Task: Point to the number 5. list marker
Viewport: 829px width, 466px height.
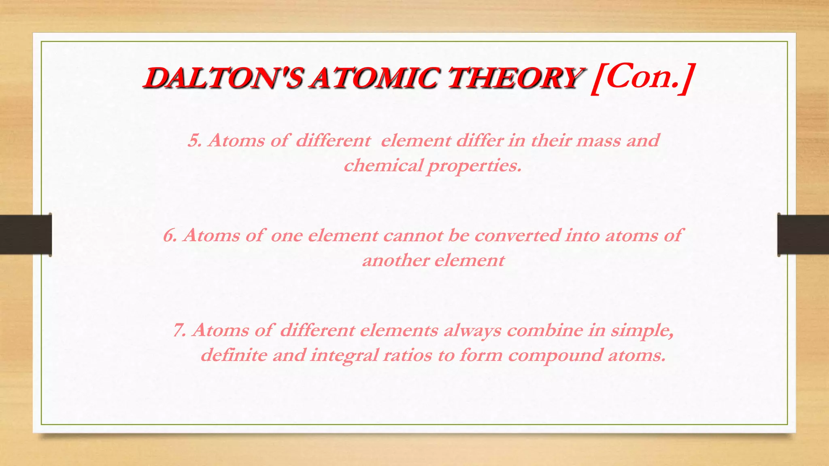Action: pyautogui.click(x=195, y=141)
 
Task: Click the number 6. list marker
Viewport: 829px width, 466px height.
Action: pyautogui.click(x=170, y=235)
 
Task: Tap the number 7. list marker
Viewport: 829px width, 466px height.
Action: pyautogui.click(x=180, y=330)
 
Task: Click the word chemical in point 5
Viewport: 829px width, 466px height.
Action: pyautogui.click(x=383, y=165)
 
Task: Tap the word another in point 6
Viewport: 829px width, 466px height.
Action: pyautogui.click(x=395, y=260)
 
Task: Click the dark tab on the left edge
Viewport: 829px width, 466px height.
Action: pyautogui.click(x=26, y=235)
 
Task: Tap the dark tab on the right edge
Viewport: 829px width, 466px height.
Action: pyautogui.click(x=803, y=235)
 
